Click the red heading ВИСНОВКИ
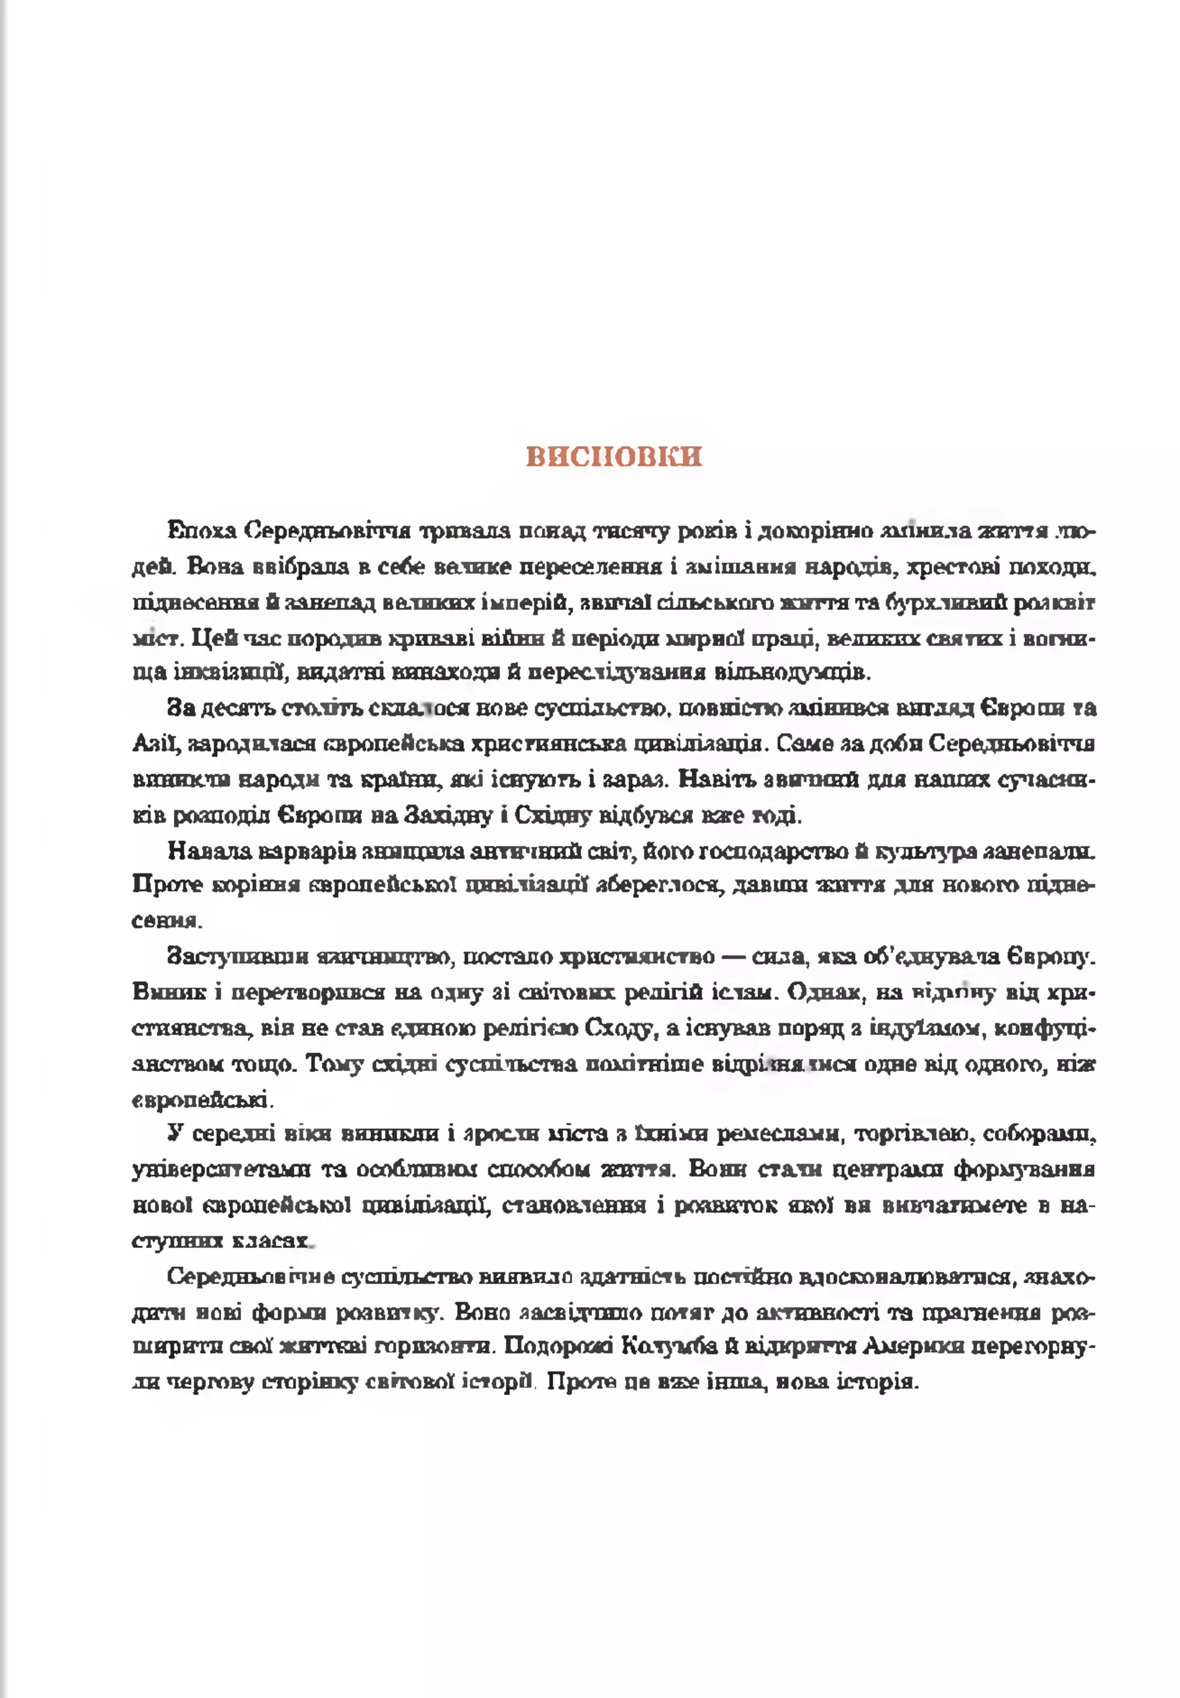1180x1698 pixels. point(614,456)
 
